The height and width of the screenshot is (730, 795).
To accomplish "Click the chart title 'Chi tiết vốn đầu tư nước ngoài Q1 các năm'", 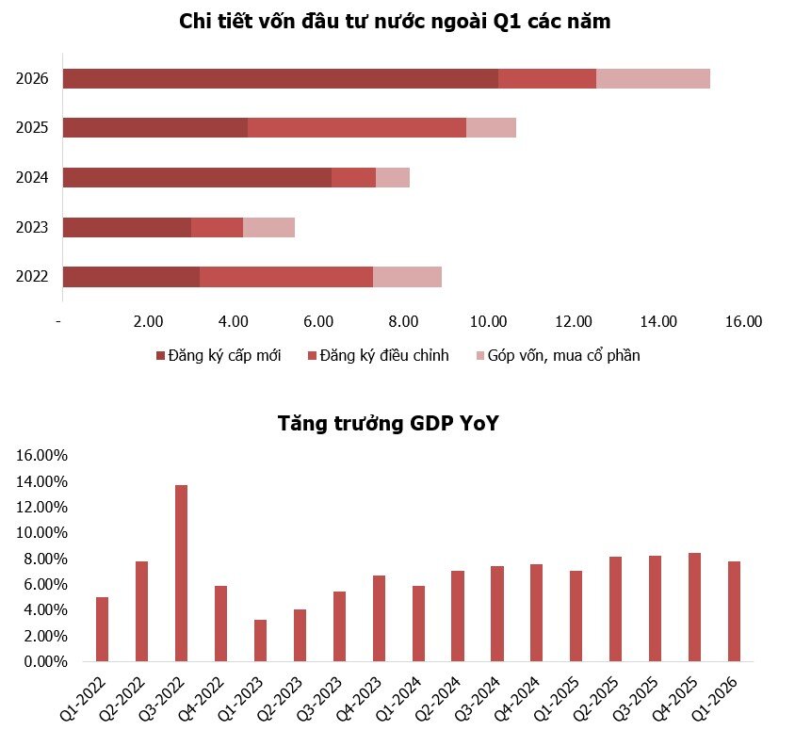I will (x=395, y=22).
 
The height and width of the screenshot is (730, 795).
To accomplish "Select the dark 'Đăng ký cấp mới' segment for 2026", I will (x=280, y=79).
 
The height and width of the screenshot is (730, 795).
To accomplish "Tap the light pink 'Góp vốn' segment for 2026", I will (x=653, y=79).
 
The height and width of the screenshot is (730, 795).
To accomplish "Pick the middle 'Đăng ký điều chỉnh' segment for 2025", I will (x=357, y=128).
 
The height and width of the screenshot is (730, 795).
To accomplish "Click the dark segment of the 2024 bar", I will (x=197, y=177).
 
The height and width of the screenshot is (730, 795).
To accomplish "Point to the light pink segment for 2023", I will (x=268, y=227).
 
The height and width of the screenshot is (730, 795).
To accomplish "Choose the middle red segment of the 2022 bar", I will (x=286, y=276).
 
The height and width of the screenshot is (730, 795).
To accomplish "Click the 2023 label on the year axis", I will (x=33, y=227).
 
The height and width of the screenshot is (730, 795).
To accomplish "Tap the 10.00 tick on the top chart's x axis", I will (x=489, y=322).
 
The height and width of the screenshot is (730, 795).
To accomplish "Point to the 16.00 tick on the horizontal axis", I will (x=743, y=322).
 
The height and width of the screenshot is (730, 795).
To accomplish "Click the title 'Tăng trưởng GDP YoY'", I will (x=387, y=423).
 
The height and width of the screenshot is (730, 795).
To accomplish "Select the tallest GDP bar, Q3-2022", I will (x=181, y=573).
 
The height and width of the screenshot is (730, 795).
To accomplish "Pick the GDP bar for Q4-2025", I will (x=694, y=607).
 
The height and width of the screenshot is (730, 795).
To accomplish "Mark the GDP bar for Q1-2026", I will (x=734, y=611).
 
